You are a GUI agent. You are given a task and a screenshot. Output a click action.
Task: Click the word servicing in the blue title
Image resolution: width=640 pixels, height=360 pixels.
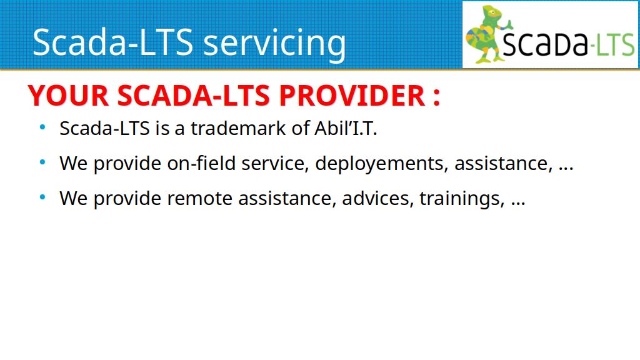[x=274, y=43]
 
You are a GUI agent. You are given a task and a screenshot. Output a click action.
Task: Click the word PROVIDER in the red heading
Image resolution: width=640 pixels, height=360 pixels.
[x=352, y=96]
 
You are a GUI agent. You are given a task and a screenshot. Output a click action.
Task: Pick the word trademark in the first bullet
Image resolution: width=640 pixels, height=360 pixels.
[x=238, y=128]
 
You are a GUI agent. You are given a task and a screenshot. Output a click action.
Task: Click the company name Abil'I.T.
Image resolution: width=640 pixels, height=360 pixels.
[x=346, y=128]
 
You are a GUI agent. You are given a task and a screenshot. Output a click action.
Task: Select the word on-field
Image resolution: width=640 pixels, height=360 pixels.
[x=202, y=163]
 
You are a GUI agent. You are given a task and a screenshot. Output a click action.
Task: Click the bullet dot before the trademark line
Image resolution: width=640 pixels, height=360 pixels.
[x=42, y=127]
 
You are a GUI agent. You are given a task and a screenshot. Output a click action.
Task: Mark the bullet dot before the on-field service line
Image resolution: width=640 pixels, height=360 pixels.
[x=42, y=162]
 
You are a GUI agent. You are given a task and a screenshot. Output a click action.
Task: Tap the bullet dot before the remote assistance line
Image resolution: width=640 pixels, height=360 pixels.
[x=42, y=197]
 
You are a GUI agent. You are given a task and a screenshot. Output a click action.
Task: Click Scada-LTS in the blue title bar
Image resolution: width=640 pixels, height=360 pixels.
[x=112, y=42]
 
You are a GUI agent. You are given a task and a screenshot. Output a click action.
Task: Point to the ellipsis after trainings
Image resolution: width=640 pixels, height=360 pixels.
[x=518, y=204]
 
